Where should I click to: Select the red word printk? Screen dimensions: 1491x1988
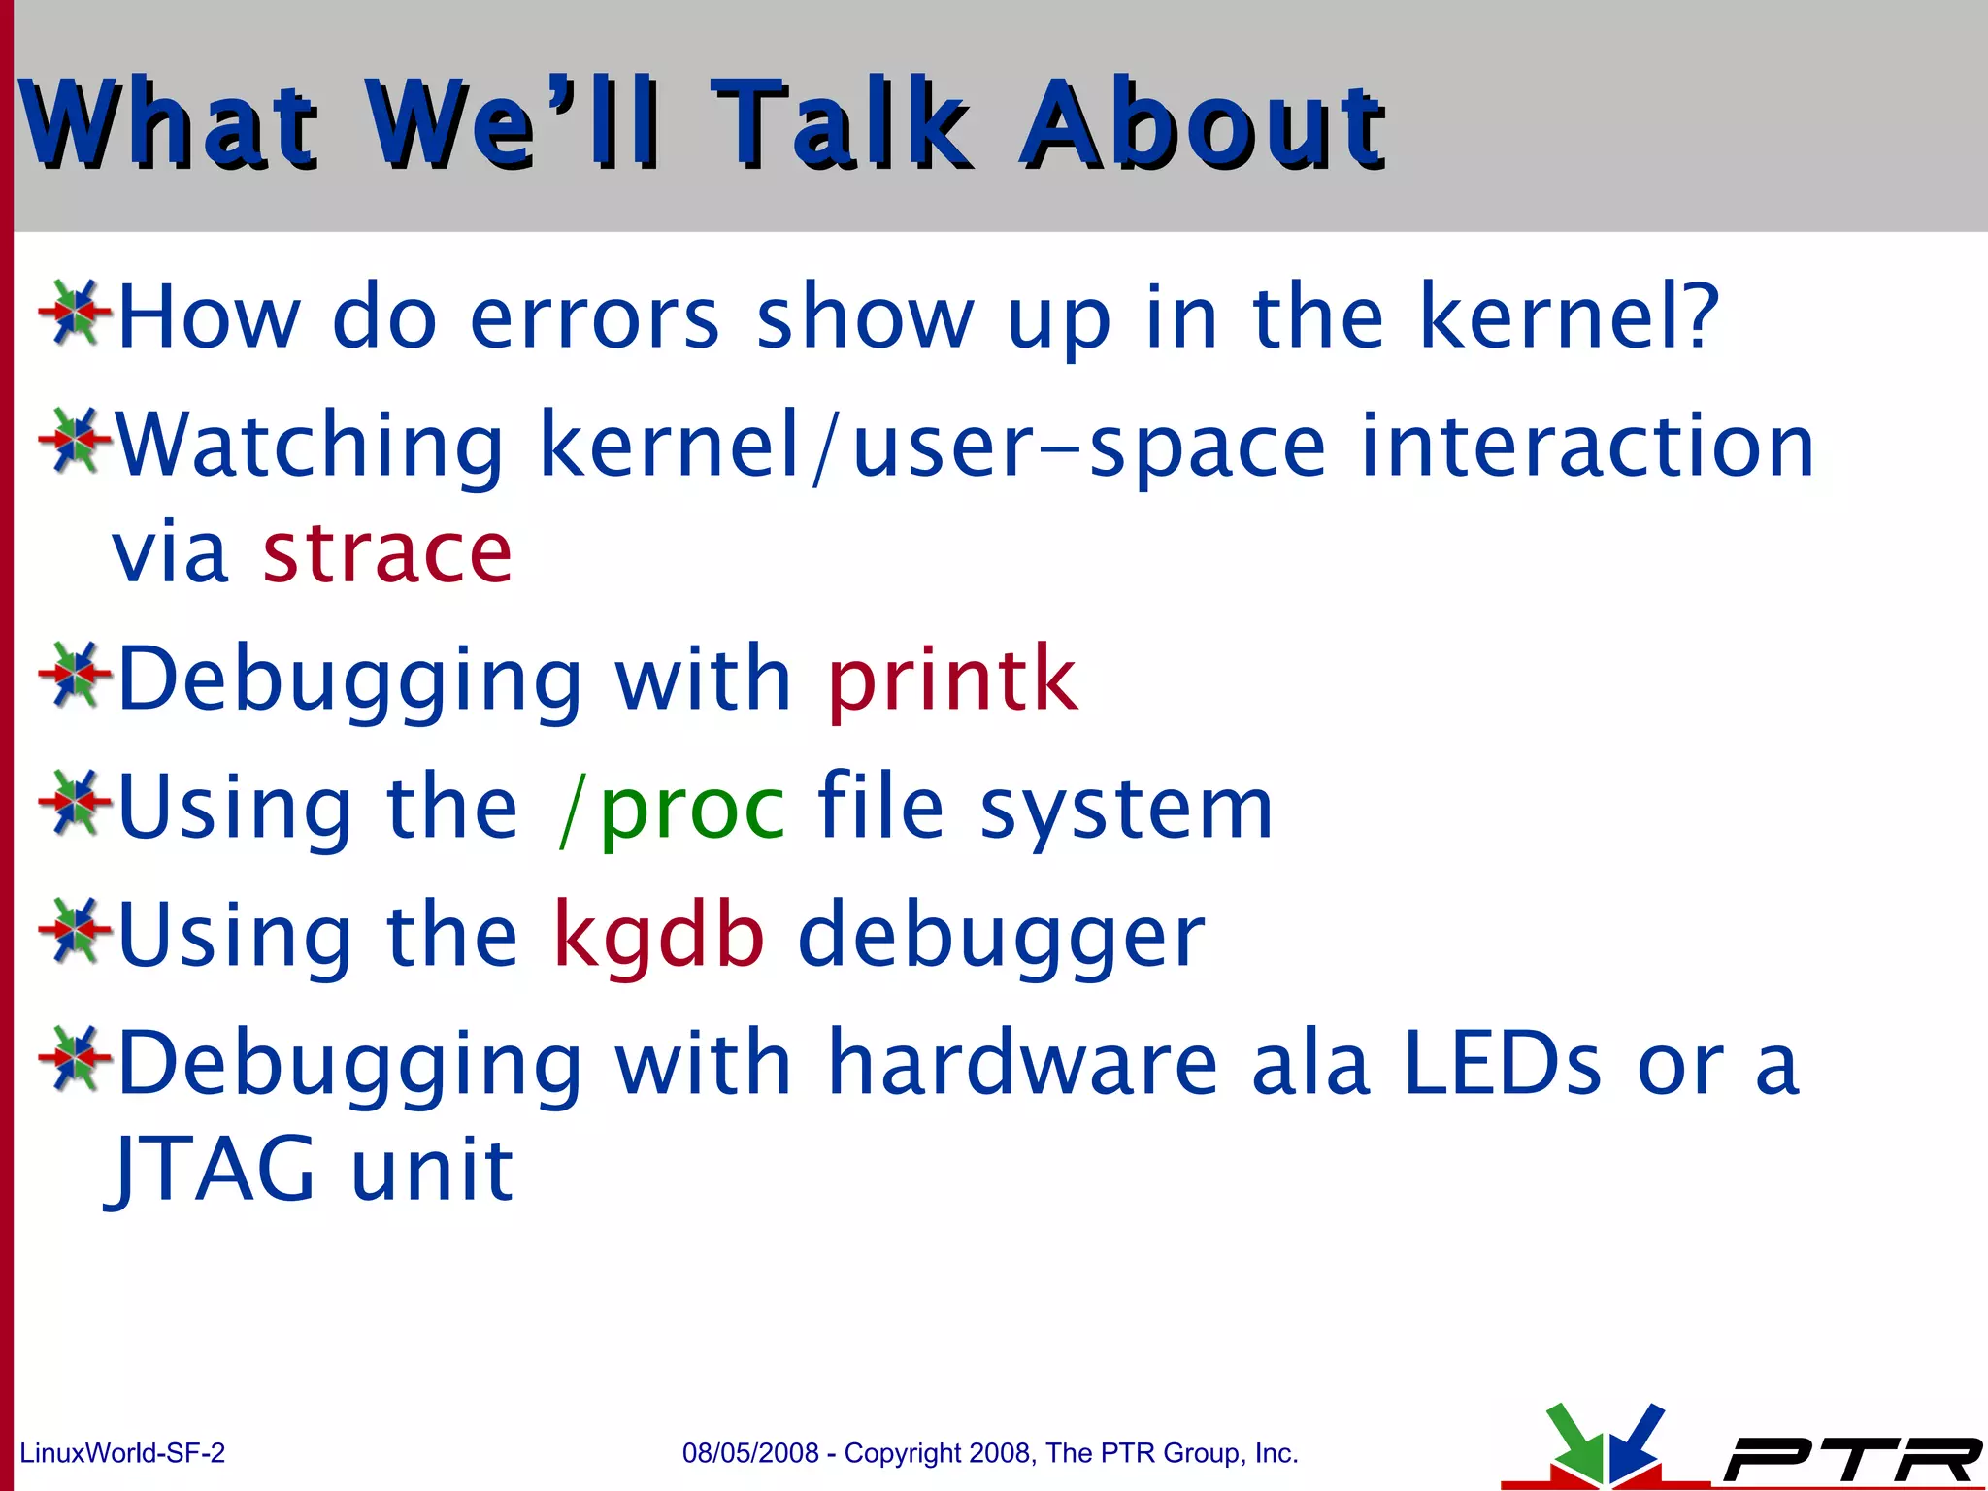pyautogui.click(x=952, y=679)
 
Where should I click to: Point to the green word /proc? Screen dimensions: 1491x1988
pyautogui.click(x=672, y=809)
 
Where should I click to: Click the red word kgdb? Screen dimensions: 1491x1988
pyautogui.click(x=659, y=936)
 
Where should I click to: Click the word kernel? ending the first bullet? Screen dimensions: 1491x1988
pyautogui.click(x=1569, y=316)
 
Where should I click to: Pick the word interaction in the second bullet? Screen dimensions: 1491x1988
pyautogui.click(x=1587, y=446)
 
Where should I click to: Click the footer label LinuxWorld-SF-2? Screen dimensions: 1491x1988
pyautogui.click(x=122, y=1453)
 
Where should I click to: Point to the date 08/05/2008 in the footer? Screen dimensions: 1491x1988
pyautogui.click(x=750, y=1453)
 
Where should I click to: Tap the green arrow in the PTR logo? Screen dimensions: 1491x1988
pyautogui.click(x=1573, y=1442)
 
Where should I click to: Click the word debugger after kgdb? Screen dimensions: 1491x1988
pyautogui.click(x=1001, y=936)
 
